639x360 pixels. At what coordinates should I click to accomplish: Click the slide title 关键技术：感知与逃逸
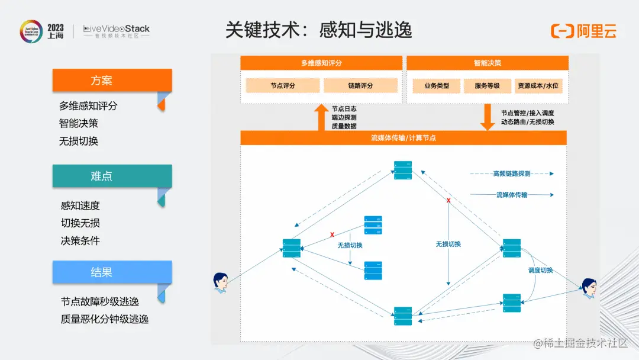[318, 30]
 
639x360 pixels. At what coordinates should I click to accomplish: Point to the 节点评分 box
[283, 86]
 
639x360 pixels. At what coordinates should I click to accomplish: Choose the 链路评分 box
[360, 86]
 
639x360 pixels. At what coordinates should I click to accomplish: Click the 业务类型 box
[437, 86]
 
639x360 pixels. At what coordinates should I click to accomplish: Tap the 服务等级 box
[487, 86]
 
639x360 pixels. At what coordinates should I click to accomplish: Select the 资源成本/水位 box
[537, 86]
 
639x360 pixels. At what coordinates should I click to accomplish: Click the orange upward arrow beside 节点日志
[321, 117]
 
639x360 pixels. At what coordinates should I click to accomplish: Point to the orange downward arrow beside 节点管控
[488, 117]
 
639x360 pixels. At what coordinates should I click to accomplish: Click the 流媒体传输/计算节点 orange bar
[404, 138]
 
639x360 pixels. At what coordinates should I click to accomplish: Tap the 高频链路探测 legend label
[512, 174]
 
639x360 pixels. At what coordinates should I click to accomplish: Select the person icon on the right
[588, 288]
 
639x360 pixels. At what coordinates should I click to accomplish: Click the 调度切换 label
[540, 271]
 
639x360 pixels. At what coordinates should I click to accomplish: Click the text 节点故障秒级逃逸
[99, 302]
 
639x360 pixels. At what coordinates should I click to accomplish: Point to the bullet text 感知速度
[80, 205]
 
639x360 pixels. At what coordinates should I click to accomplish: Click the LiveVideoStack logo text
[117, 28]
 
